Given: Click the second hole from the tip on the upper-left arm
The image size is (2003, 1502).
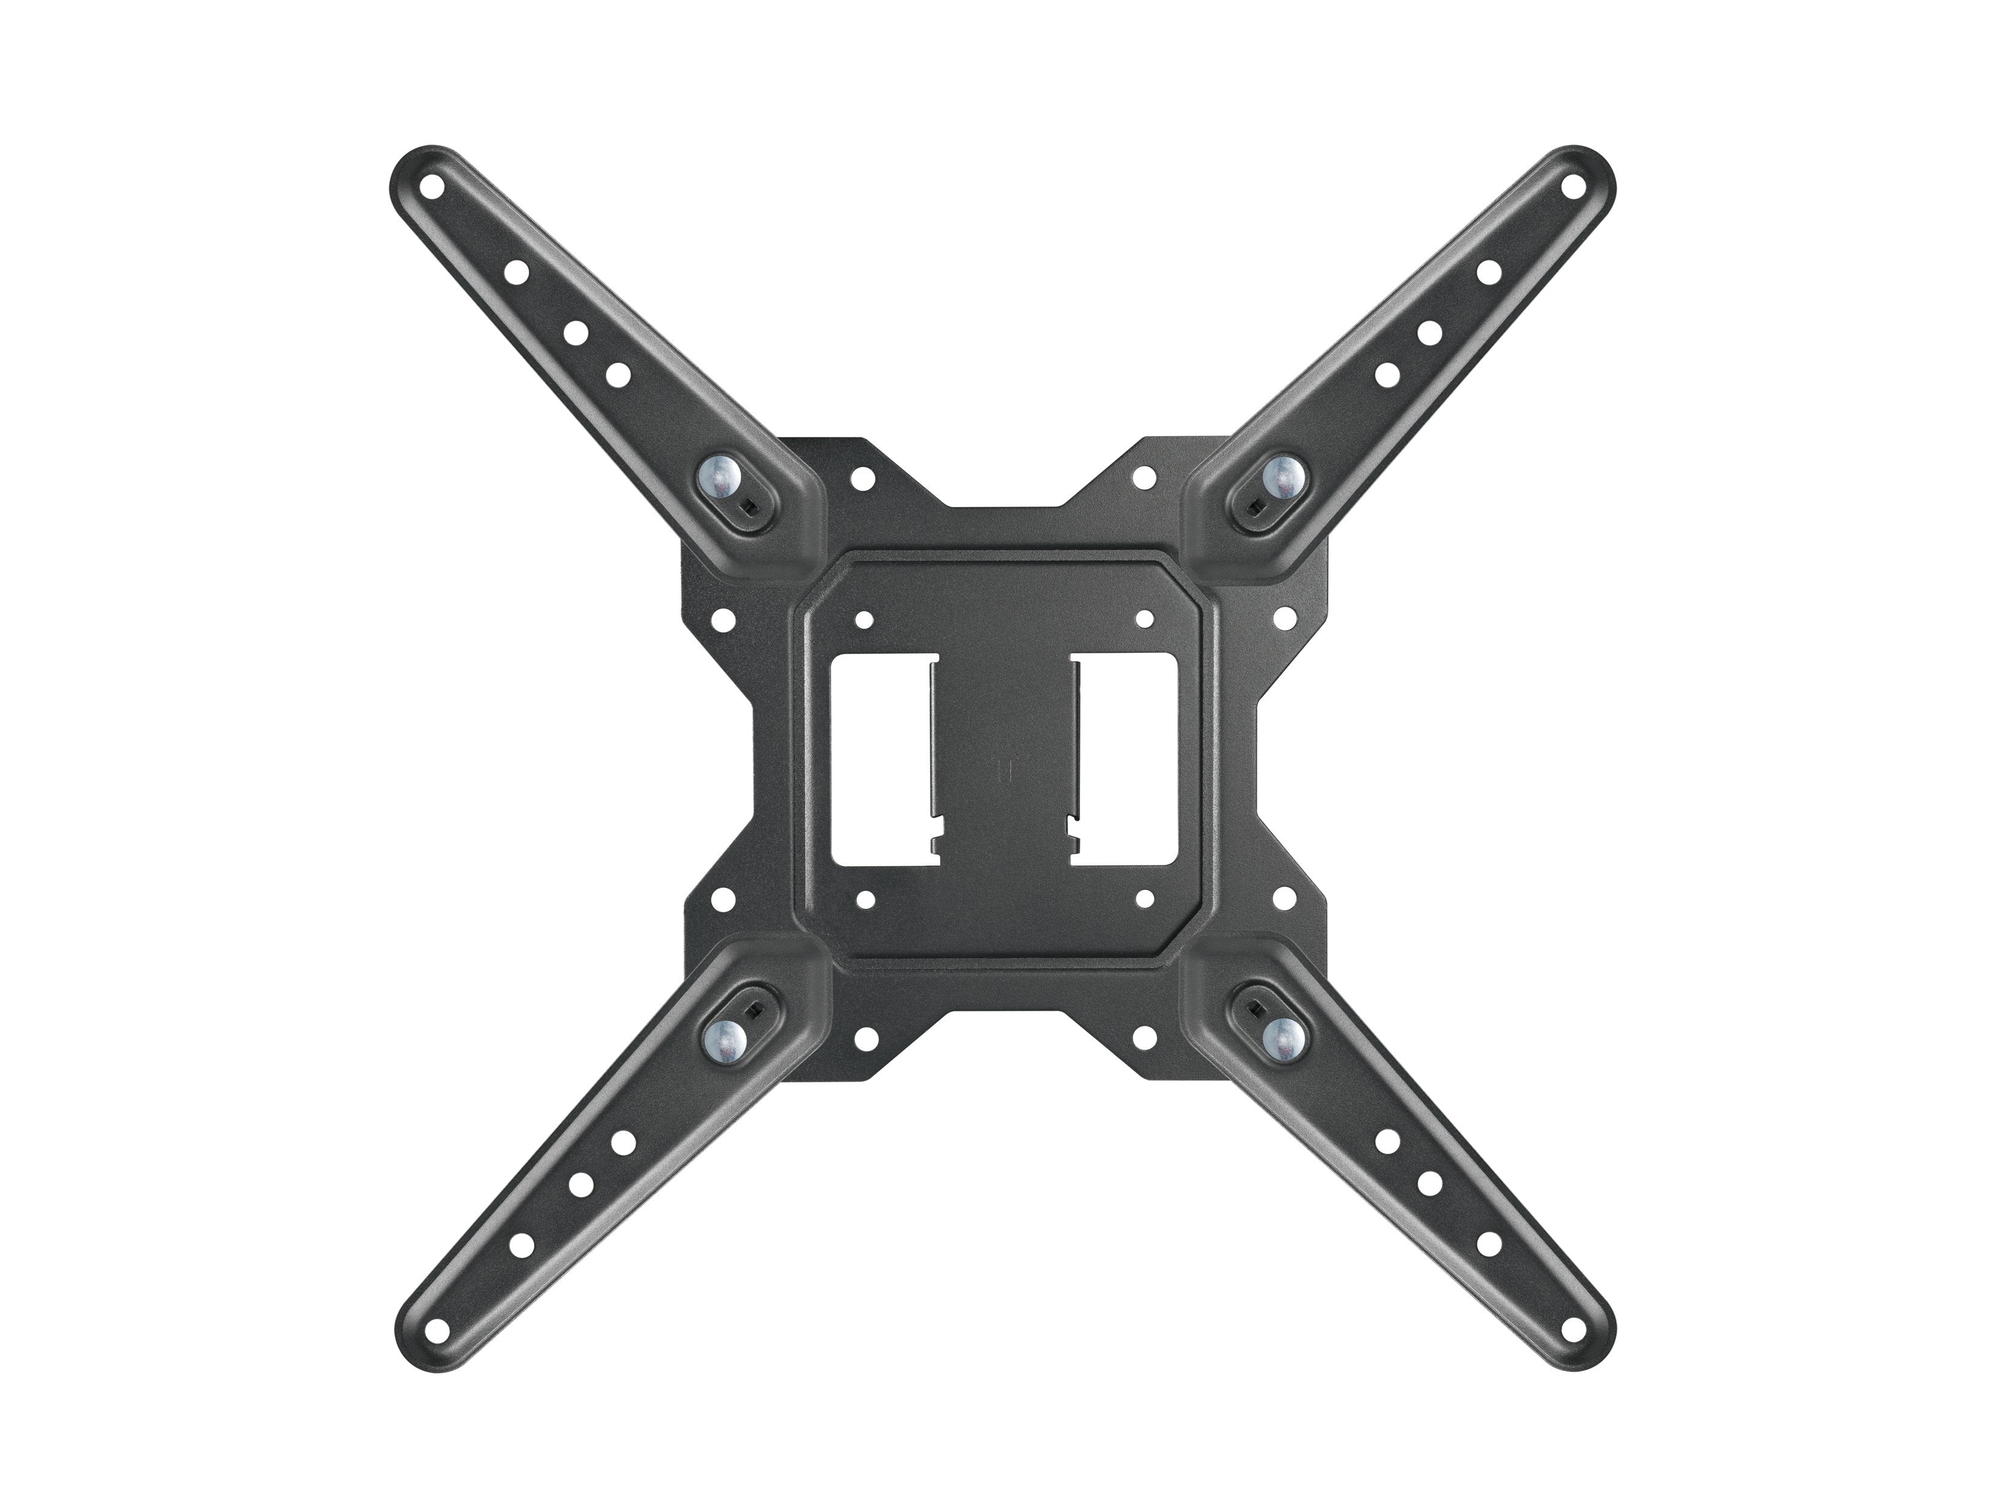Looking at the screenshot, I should (515, 271).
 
